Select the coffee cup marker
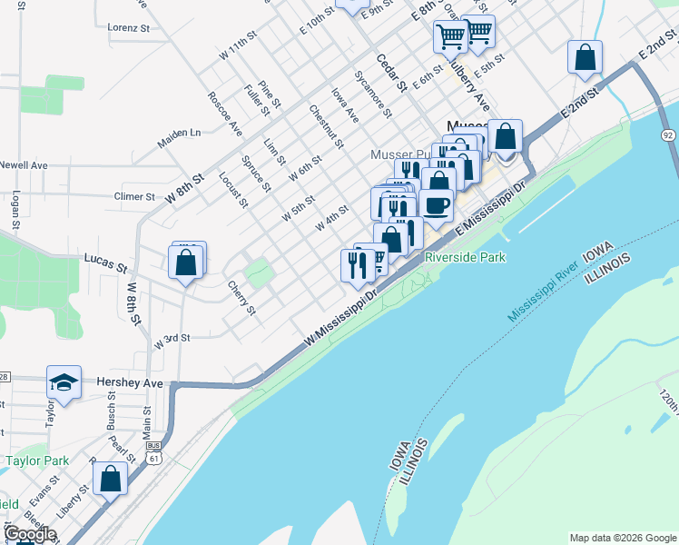(437, 206)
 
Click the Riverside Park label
(466, 257)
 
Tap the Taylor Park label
(37, 461)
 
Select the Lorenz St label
(128, 28)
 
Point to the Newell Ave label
(24, 165)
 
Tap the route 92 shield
(668, 135)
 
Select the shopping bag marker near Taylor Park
(110, 479)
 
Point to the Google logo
(30, 534)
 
